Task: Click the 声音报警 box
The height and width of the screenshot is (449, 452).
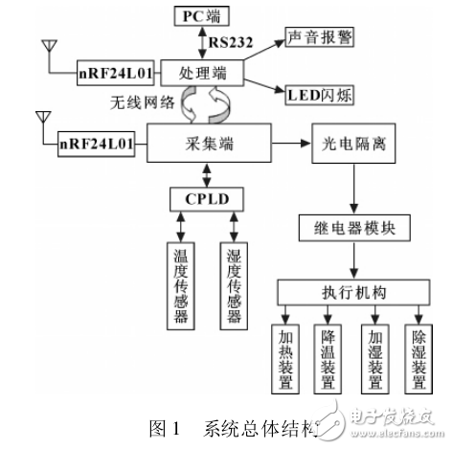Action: [x=321, y=40]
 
